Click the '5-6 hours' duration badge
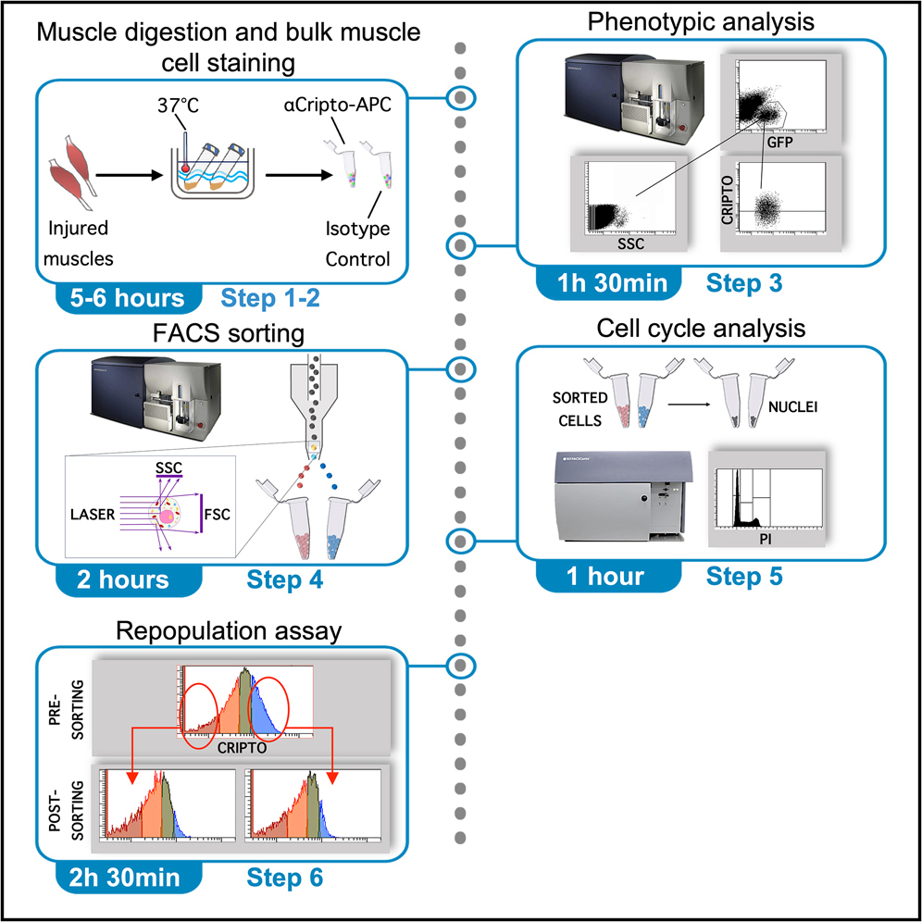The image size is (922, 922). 126,299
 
